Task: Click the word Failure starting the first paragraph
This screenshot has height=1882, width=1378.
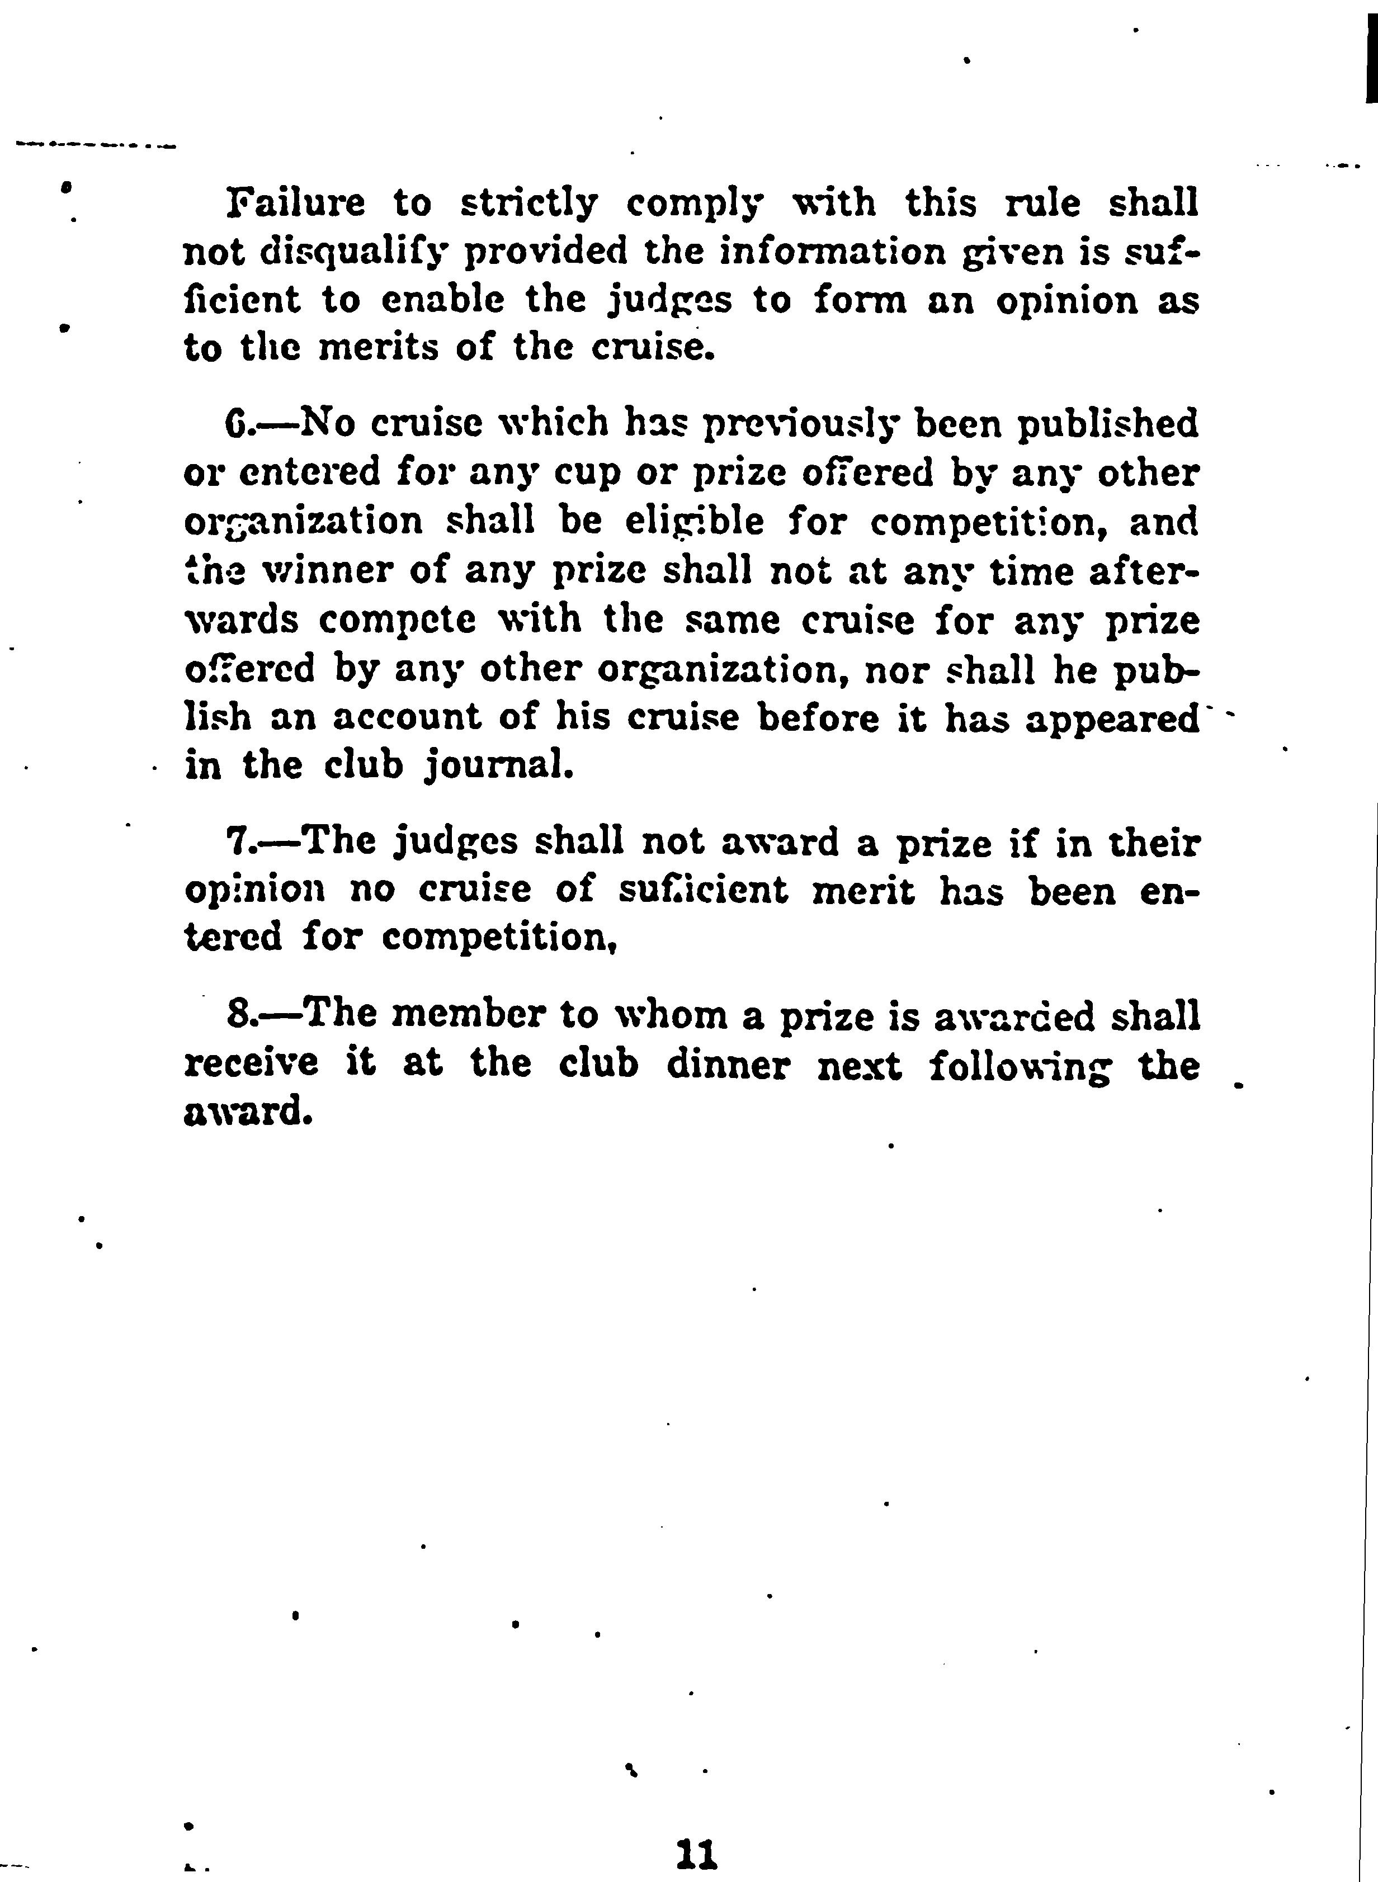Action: click(296, 204)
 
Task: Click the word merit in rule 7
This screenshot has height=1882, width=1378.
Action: click(862, 891)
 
